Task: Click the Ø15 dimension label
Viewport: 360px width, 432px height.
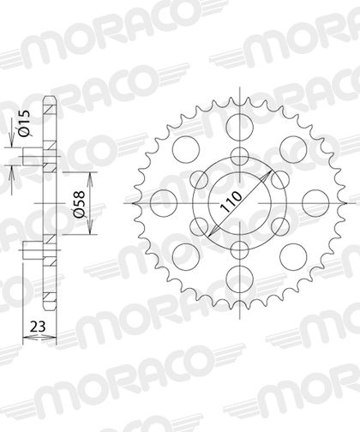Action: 24,123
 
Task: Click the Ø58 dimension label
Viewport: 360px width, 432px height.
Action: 79,203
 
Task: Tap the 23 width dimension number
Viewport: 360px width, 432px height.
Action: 38,327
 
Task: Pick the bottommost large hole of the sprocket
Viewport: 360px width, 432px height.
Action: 240,279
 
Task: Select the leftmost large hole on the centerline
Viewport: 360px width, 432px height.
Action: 164,203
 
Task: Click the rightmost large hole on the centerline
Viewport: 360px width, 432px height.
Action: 315,203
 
